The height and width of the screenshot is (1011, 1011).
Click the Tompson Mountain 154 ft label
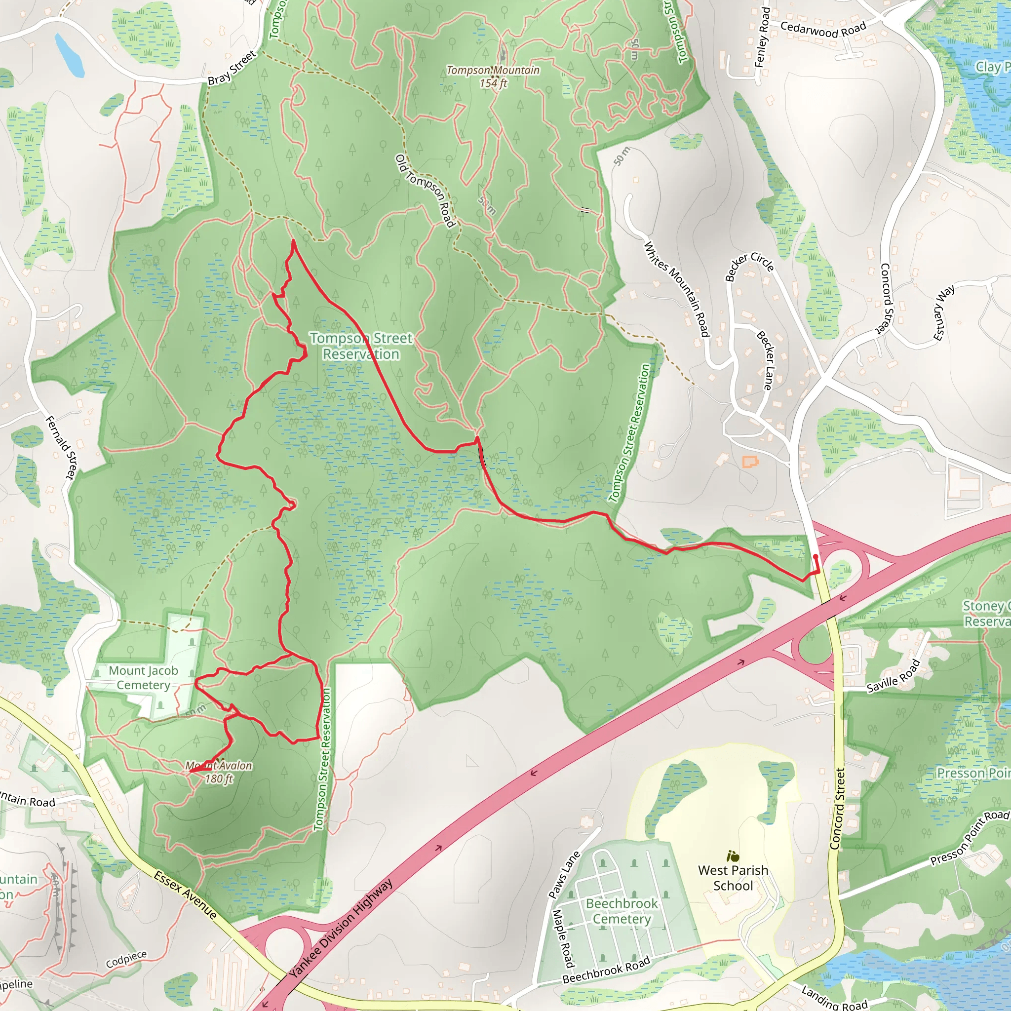click(x=493, y=77)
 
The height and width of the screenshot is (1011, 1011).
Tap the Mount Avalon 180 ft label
click(x=219, y=772)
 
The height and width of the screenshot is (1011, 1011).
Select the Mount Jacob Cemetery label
click(x=143, y=678)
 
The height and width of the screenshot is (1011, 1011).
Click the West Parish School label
click(x=733, y=878)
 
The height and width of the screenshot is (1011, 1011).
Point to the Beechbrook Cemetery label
click(x=622, y=911)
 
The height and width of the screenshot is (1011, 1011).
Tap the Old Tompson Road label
click(x=425, y=191)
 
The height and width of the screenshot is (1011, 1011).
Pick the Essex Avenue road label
click(x=185, y=895)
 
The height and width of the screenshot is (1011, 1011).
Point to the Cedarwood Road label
click(x=823, y=29)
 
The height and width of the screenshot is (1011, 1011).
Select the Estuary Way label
click(x=944, y=313)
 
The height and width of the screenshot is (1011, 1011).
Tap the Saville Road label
click(x=893, y=676)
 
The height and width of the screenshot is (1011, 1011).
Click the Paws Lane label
click(x=564, y=874)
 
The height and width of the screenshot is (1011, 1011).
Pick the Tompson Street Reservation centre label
click(x=361, y=346)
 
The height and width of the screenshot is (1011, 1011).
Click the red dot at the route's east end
click(x=816, y=557)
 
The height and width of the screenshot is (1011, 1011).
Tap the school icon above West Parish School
click(x=733, y=856)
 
